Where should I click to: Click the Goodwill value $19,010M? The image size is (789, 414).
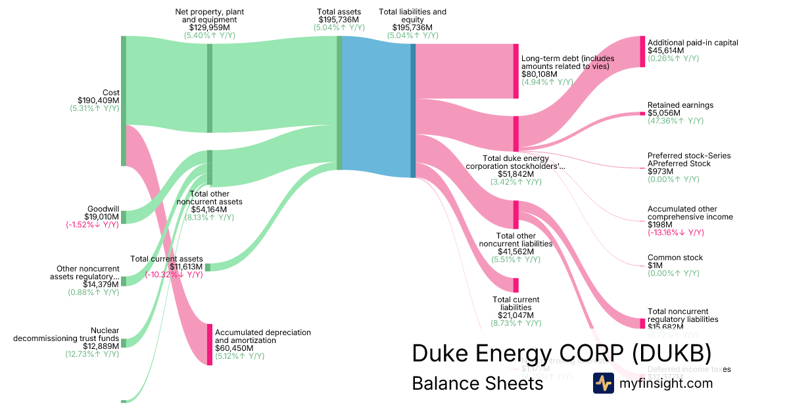click(101, 216)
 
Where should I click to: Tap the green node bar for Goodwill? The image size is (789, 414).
click(123, 217)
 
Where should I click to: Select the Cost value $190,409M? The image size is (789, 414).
click(98, 101)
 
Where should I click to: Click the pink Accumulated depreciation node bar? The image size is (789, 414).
click(210, 344)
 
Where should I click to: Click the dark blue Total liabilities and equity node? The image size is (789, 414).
click(413, 110)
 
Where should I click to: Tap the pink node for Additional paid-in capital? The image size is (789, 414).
click(642, 51)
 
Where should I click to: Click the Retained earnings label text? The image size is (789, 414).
click(680, 105)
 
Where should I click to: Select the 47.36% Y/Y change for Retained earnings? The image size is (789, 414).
click(675, 121)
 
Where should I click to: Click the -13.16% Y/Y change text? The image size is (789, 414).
click(675, 233)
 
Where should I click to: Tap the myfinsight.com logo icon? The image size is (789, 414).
click(604, 383)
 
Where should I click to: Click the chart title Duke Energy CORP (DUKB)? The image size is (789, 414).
click(562, 353)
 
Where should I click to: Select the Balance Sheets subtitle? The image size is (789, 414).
click(477, 383)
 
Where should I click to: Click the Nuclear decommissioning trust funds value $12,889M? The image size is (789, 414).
click(101, 346)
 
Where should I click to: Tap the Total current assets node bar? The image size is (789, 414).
click(208, 267)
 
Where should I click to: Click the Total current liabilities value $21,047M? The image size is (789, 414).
click(515, 315)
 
